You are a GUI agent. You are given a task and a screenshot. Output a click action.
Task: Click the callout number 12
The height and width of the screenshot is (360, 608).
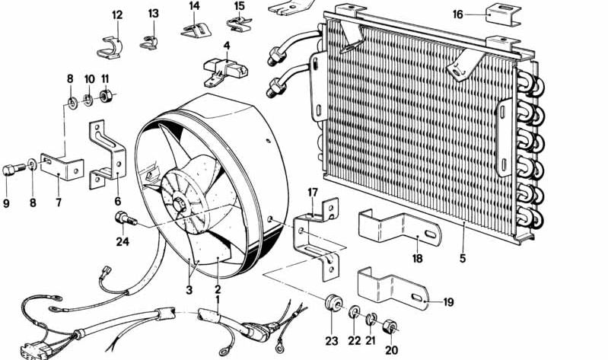tap(116, 14)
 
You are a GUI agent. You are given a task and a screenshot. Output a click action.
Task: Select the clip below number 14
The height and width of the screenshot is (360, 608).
tap(195, 30)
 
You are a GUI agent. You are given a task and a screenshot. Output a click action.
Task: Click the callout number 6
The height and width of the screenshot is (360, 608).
tap(117, 201)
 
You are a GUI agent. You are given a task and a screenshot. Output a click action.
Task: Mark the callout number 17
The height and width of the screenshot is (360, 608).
tap(312, 191)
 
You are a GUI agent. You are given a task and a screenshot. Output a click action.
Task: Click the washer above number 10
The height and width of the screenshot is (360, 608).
tap(89, 99)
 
